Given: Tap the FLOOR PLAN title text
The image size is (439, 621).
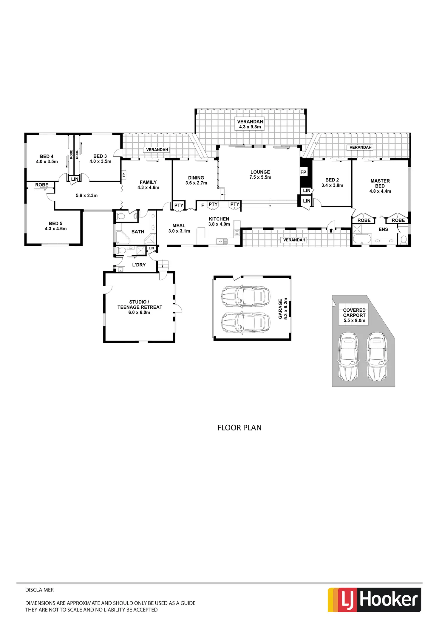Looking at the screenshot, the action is [x=239, y=428].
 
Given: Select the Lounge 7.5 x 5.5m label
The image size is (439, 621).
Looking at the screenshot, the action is [x=260, y=175].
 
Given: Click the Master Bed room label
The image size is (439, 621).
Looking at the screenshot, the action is [x=380, y=186].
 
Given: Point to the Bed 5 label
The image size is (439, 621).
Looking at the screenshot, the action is [x=56, y=226].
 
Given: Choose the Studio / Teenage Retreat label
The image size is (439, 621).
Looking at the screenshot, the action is [x=140, y=307].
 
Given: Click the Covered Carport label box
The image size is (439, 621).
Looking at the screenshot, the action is [x=354, y=315].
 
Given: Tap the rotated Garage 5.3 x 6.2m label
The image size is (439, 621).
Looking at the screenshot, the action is [x=283, y=309].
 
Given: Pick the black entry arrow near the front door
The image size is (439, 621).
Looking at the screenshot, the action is [x=331, y=230].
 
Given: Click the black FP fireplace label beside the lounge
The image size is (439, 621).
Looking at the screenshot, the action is [x=303, y=172].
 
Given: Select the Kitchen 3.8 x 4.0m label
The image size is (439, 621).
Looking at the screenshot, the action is [x=219, y=221].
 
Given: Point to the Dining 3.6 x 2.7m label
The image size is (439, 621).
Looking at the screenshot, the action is [x=196, y=180].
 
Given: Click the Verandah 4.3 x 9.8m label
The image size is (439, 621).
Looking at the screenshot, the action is [x=250, y=124].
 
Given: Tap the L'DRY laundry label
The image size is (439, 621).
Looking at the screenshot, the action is [x=139, y=265].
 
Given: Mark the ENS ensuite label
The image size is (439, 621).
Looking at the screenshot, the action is [x=383, y=229].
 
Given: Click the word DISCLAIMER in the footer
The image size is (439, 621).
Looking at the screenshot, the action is [x=39, y=590].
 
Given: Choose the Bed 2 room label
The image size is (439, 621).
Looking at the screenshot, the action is [x=332, y=183].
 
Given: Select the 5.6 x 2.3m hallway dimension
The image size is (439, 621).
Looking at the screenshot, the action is [x=86, y=196].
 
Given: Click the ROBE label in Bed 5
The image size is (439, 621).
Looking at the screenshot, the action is [x=42, y=185].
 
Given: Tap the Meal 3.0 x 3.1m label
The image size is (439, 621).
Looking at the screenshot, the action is [x=179, y=228].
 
